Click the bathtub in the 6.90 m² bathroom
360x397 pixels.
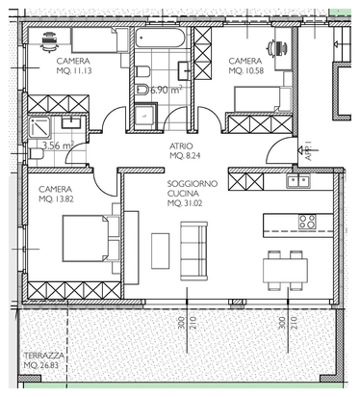160,39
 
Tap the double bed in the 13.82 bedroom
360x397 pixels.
91,238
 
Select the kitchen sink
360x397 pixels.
298,181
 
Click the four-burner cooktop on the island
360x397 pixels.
307,222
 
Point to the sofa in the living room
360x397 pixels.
193,251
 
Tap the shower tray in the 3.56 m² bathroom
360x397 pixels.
39,127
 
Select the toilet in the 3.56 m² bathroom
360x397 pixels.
36,154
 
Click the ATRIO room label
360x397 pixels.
181,146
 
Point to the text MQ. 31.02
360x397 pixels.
185,203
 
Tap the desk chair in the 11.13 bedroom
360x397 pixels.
49,41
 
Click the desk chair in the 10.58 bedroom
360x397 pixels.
276,48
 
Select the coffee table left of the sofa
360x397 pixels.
160,251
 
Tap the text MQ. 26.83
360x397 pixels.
41,365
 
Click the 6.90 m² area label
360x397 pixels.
167,90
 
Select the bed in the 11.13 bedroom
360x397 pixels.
100,40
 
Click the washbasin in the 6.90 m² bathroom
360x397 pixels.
184,70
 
